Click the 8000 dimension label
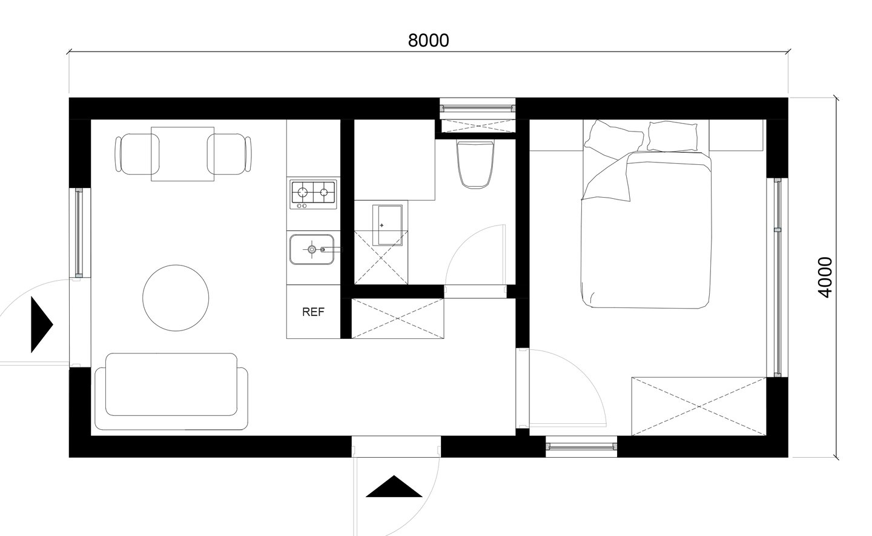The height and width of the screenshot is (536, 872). click(x=428, y=41)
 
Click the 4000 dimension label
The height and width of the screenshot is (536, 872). click(x=825, y=277)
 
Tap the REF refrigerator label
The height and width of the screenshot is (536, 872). click(x=314, y=312)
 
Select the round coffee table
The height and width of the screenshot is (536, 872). click(x=176, y=298)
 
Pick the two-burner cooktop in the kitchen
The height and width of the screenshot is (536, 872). click(x=313, y=194)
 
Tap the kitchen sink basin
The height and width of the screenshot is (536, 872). click(x=312, y=249)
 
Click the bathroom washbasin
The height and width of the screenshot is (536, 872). click(x=388, y=226)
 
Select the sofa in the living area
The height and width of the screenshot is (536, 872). click(x=172, y=391)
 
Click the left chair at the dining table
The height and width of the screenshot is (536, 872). click(x=136, y=154)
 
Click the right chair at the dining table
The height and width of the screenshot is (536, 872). click(x=230, y=154)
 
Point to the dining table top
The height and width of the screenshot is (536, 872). click(x=183, y=154)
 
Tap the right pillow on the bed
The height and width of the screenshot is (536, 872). click(x=672, y=136)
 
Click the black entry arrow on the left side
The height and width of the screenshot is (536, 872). click(x=42, y=324)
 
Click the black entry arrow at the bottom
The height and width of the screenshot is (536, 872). click(x=394, y=486)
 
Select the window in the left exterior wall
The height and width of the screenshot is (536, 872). click(x=79, y=233)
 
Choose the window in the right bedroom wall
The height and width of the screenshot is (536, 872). click(x=778, y=278)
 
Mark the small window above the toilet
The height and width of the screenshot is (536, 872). click(x=477, y=109)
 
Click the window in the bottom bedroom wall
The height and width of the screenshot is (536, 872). click(x=581, y=447)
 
